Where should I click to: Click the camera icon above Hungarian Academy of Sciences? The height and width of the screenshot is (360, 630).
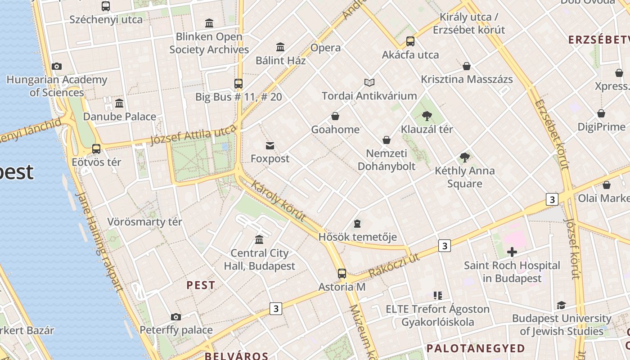pos(56,67)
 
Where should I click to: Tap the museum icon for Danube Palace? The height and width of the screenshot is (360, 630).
pos(119,103)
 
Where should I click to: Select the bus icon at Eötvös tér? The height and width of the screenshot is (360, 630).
pos(96,148)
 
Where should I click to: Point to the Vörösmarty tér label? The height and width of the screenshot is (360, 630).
pos(144,222)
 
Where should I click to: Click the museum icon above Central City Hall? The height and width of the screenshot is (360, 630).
pos(259,239)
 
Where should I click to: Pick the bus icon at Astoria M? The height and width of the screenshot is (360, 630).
pos(342,273)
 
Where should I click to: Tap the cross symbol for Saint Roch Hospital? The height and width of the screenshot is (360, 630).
pos(512,252)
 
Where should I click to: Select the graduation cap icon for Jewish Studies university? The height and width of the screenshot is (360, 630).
pos(561,305)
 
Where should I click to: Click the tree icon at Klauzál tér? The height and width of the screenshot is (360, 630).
pos(427,116)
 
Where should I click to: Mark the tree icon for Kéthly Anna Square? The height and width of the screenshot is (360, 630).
pos(464,157)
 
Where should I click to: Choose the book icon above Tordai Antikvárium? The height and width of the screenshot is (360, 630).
pos(369,82)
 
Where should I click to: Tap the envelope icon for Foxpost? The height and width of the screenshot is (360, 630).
pos(270,145)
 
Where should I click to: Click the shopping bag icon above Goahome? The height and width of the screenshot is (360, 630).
pos(335,116)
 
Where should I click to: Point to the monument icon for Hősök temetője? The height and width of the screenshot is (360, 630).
pos(357,223)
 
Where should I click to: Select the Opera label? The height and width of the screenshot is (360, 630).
pos(325,48)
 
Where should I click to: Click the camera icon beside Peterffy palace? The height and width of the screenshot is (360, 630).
pos(176,317)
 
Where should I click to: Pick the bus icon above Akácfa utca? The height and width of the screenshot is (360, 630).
pos(410,41)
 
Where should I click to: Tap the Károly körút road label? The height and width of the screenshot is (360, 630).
pos(278,201)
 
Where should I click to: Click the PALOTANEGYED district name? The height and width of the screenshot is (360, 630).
pos(476,348)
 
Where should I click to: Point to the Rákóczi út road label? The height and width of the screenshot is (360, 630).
pos(394,265)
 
